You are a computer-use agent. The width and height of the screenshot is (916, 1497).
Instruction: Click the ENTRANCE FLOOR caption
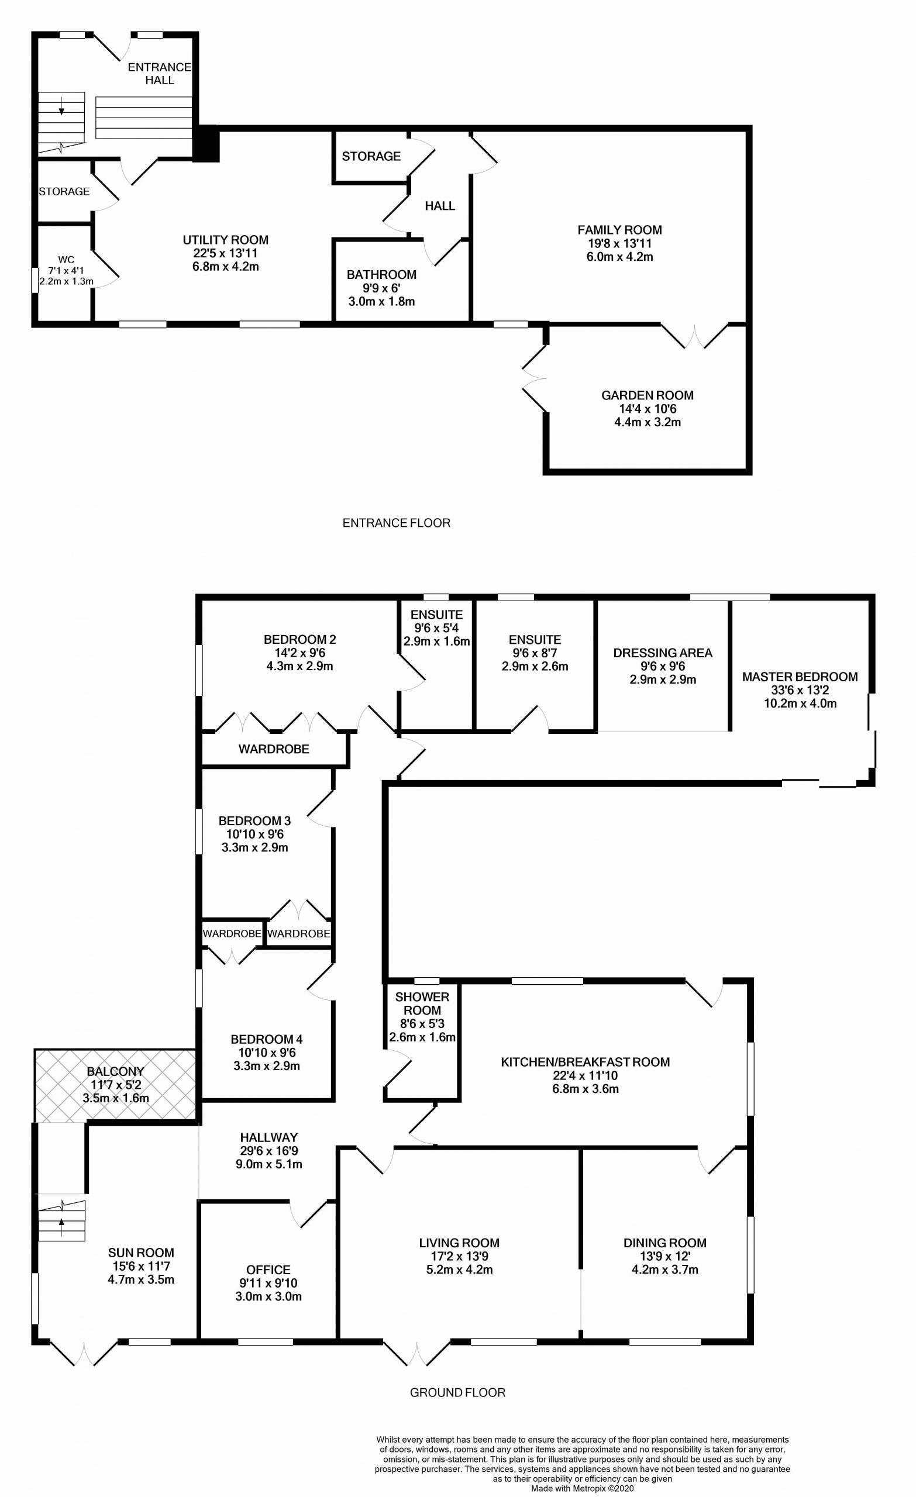click(397, 523)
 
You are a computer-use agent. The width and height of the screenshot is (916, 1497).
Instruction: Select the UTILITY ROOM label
click(226, 240)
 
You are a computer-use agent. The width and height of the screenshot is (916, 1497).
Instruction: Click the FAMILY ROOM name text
click(619, 230)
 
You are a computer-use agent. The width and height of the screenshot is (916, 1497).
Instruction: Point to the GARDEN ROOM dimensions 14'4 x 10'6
click(648, 409)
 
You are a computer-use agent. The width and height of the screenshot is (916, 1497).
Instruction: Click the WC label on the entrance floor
click(66, 260)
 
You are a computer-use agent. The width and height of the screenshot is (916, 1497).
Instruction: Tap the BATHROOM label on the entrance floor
click(381, 275)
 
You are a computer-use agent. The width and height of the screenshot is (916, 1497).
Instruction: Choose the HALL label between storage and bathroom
click(439, 206)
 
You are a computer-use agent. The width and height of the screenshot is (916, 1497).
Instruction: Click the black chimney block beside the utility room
click(207, 144)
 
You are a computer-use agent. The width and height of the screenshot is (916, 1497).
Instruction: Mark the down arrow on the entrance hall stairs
click(62, 110)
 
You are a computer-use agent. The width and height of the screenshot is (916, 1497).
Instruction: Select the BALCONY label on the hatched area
click(115, 1072)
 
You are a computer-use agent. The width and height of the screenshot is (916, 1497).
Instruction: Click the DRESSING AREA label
click(663, 653)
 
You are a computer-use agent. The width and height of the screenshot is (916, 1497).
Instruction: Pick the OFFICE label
click(268, 1270)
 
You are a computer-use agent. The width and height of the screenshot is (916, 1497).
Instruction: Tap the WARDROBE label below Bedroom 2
click(274, 749)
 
